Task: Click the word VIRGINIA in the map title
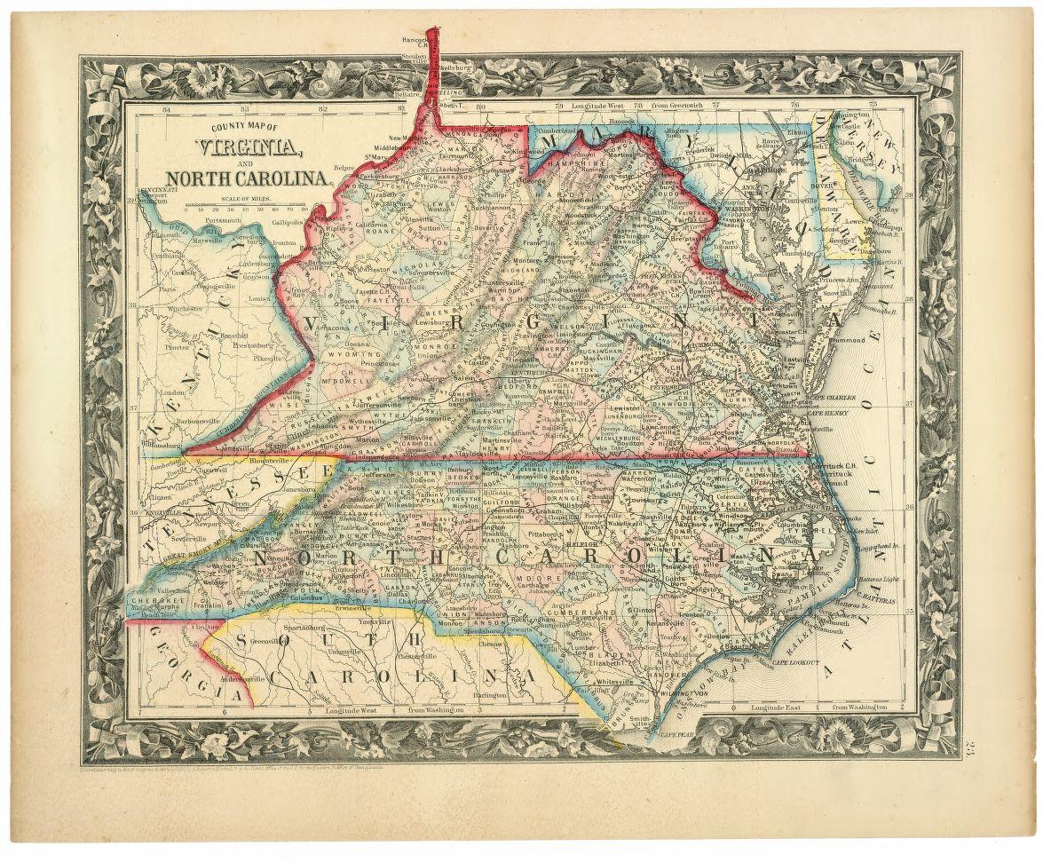241,148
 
